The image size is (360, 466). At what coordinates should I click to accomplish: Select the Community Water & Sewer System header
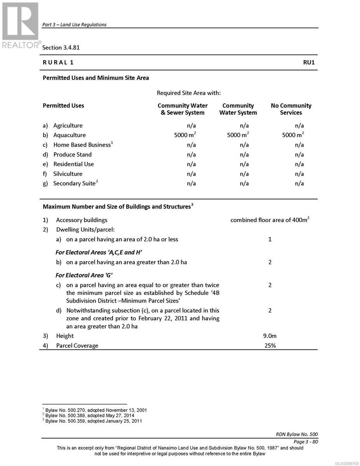coord(183,109)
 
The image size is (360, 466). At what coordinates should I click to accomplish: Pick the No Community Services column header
coord(291,109)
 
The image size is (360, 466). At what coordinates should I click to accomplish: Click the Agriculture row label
coord(68,125)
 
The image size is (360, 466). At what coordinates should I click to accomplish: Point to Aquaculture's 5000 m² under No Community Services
coord(293,135)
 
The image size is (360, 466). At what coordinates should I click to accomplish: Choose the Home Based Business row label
coord(82,145)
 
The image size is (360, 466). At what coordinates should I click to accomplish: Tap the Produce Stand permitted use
coord(72,155)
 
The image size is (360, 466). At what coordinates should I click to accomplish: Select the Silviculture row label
coord(68,174)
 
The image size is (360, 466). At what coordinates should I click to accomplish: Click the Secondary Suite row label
coord(74,183)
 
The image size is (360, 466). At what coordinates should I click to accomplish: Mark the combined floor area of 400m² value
coord(270,220)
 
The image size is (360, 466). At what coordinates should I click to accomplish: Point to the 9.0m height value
coord(270,336)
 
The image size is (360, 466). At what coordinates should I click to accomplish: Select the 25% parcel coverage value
coord(270,346)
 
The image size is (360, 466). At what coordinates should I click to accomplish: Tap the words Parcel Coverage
coord(77,346)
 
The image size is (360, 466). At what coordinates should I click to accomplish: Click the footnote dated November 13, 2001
coord(95,410)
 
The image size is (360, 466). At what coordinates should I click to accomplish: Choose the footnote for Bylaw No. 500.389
coord(90,416)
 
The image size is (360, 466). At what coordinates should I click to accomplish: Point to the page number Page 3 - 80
coord(306,442)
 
